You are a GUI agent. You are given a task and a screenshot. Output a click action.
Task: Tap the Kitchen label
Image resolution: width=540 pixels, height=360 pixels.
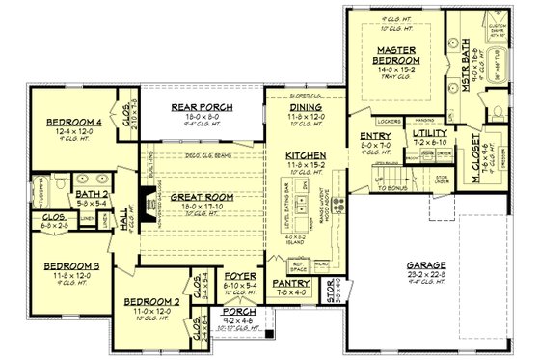tap(304, 156)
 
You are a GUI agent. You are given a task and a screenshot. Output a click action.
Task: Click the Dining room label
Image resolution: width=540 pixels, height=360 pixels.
tap(305, 109)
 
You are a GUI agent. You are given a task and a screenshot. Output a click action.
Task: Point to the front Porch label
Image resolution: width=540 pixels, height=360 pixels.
tap(236, 315)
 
